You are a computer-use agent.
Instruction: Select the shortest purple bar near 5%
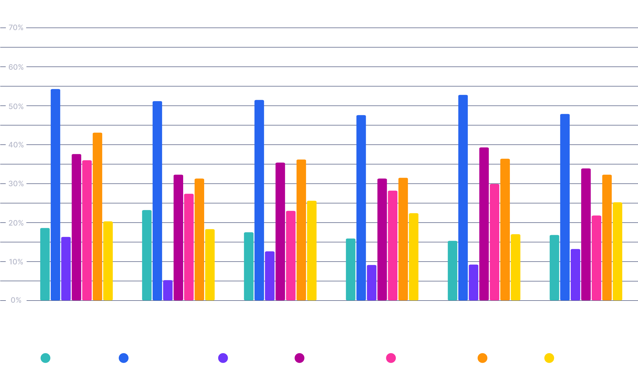pyautogui.click(x=168, y=290)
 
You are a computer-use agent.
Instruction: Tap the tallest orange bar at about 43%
pyautogui.click(x=97, y=217)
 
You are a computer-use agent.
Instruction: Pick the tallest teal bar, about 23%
pyautogui.click(x=147, y=255)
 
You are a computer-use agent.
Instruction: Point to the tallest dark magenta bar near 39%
pyautogui.click(x=484, y=224)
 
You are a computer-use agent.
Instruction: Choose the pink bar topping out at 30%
pyautogui.click(x=494, y=242)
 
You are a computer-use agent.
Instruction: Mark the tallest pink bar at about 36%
pyautogui.click(x=87, y=230)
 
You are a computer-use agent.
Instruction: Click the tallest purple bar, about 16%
pyautogui.click(x=66, y=269)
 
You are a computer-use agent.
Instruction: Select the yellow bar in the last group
pyautogui.click(x=618, y=251)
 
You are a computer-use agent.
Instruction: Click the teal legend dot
pyautogui.click(x=45, y=358)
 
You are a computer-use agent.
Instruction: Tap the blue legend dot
pyautogui.click(x=124, y=358)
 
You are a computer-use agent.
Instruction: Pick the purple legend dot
pyautogui.click(x=223, y=358)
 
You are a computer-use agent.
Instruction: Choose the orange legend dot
pyautogui.click(x=482, y=358)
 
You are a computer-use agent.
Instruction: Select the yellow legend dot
pyautogui.click(x=549, y=358)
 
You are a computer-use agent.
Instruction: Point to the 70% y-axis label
pyautogui.click(x=16, y=28)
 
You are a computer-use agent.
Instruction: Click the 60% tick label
pyautogui.click(x=16, y=67)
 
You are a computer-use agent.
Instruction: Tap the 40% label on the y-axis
pyautogui.click(x=16, y=145)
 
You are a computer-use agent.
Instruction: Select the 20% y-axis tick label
pyautogui.click(x=16, y=223)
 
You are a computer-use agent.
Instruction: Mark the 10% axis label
pyautogui.click(x=16, y=262)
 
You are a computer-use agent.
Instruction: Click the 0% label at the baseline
pyautogui.click(x=16, y=300)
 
